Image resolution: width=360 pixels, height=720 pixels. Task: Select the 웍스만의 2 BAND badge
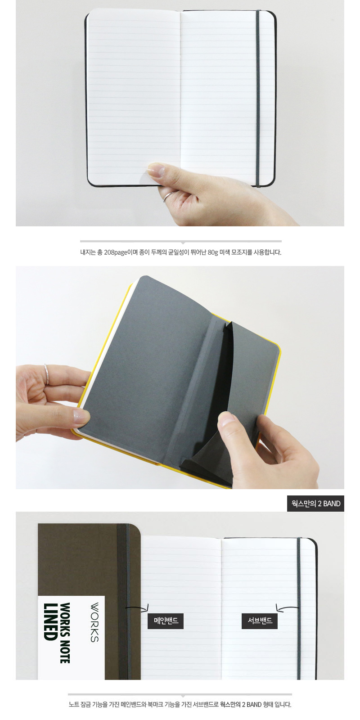click(x=315, y=504)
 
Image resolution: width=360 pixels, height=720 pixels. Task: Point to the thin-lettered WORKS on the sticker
click(x=94, y=622)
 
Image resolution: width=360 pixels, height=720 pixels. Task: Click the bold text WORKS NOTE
click(x=65, y=633)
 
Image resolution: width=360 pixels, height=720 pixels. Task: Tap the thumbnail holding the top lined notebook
click(x=156, y=170)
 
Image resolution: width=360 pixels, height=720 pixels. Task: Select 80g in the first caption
click(x=213, y=252)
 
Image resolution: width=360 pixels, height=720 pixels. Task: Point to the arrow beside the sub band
click(x=287, y=607)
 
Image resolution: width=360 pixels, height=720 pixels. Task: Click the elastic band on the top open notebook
click(x=258, y=98)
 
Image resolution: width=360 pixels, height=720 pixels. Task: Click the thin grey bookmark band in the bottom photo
click(x=299, y=608)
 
